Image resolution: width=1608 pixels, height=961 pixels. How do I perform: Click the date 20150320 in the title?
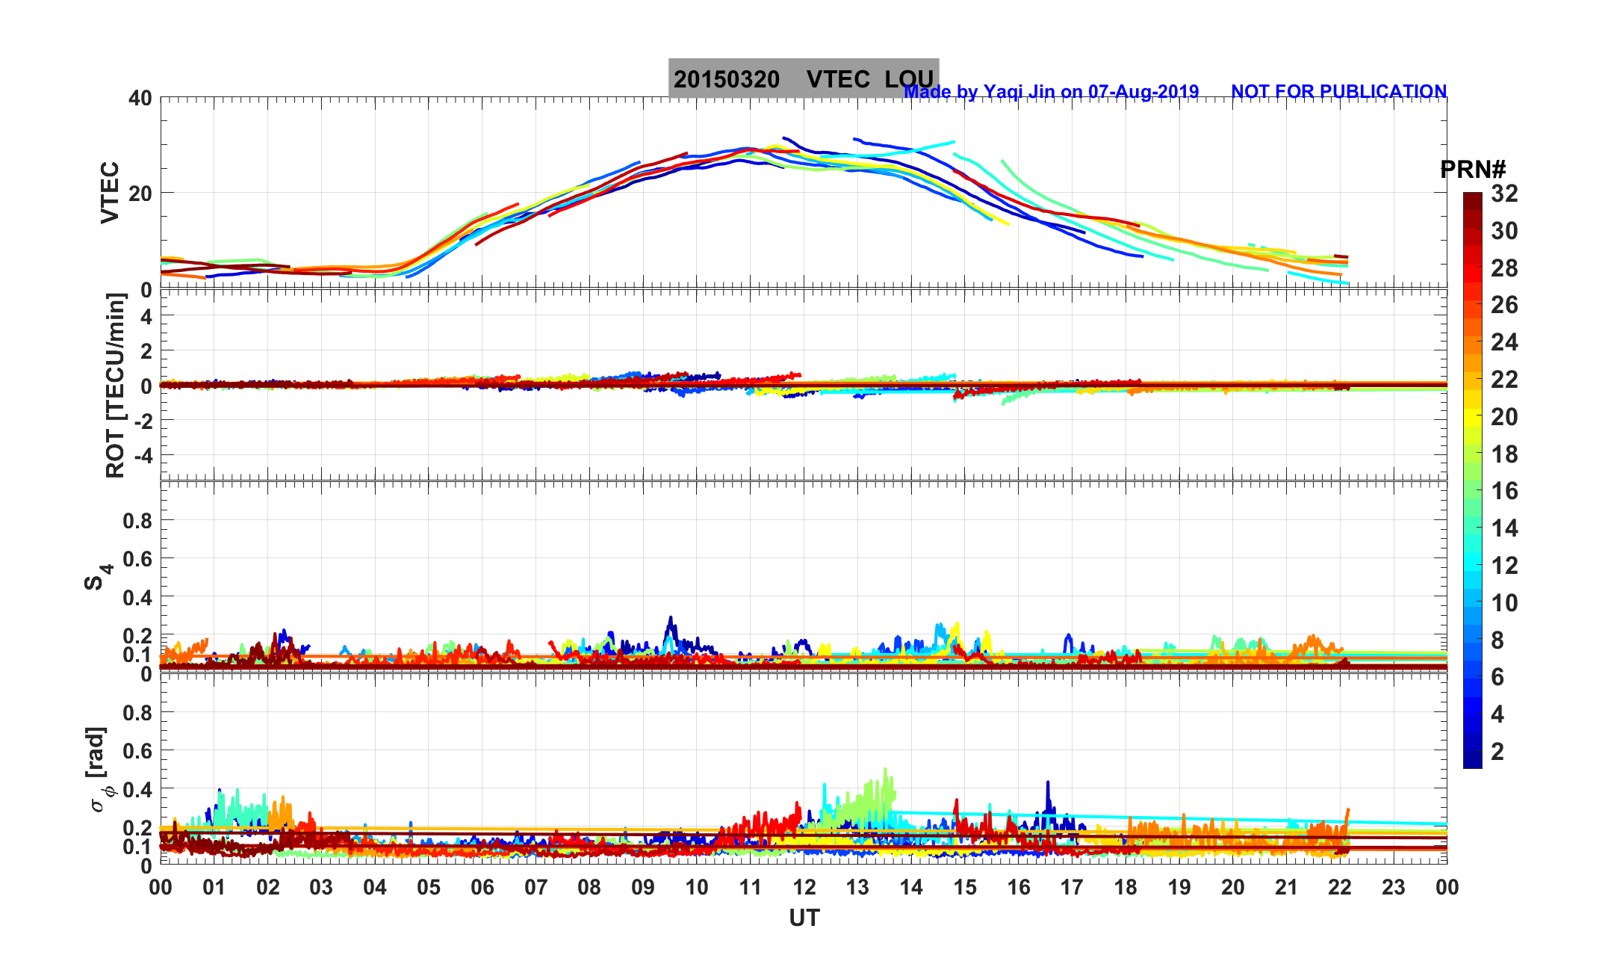[x=726, y=79]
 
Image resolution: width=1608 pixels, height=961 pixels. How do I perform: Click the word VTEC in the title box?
[x=838, y=79]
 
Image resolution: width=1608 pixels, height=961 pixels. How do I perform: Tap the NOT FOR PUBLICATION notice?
[x=1338, y=91]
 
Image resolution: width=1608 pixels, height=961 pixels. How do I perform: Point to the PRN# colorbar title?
[x=1472, y=170]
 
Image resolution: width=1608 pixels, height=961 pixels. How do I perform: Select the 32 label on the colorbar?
[x=1504, y=194]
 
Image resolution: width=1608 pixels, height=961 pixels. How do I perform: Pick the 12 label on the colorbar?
[x=1504, y=566]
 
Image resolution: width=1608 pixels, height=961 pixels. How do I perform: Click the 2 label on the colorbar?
[x=1497, y=752]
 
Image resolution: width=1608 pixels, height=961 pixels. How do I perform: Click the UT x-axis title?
[x=804, y=918]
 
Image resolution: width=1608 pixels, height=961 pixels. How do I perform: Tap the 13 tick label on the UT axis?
[x=857, y=887]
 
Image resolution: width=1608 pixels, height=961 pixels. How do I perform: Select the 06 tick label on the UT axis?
[x=482, y=887]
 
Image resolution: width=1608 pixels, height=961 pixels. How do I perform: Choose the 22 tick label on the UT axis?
[x=1340, y=887]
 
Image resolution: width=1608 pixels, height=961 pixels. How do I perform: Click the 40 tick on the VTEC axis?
[x=140, y=98]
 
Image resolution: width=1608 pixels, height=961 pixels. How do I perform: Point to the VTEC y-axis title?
[x=110, y=192]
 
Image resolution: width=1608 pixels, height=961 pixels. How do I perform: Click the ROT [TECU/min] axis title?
[x=115, y=386]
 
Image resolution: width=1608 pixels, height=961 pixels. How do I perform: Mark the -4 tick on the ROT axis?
[x=141, y=455]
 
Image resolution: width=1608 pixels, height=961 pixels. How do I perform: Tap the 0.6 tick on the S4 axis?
[x=137, y=558]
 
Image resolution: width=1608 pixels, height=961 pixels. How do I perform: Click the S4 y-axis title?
[x=97, y=576]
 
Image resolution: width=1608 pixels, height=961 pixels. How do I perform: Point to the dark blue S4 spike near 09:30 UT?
[x=671, y=619]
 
